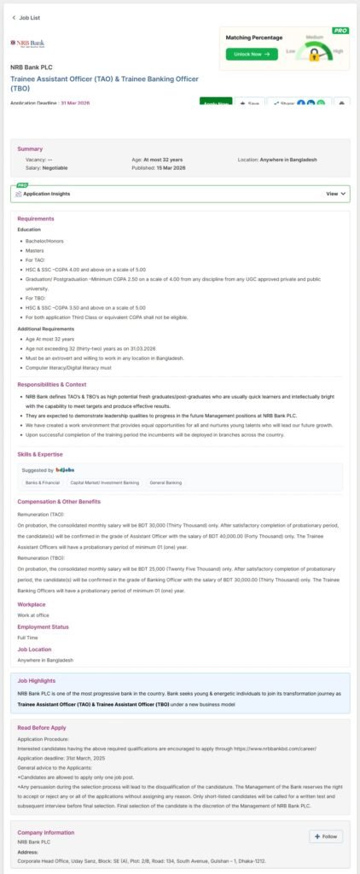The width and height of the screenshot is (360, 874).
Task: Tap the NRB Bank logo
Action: tap(28, 43)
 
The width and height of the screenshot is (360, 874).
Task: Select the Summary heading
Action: tap(30, 149)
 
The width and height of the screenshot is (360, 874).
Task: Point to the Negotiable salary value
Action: tap(55, 168)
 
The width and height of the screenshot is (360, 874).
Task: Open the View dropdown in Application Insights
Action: tap(336, 194)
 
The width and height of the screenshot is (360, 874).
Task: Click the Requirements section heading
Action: tap(36, 218)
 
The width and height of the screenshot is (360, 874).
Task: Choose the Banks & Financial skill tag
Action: tap(42, 482)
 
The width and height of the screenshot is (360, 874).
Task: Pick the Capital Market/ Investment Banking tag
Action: tap(104, 482)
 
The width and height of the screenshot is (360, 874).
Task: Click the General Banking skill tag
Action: tap(165, 482)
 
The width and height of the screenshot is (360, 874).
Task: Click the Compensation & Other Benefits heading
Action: tap(60, 502)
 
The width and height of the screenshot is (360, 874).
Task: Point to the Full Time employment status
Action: tap(27, 637)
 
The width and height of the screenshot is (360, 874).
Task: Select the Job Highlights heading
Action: tap(38, 681)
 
